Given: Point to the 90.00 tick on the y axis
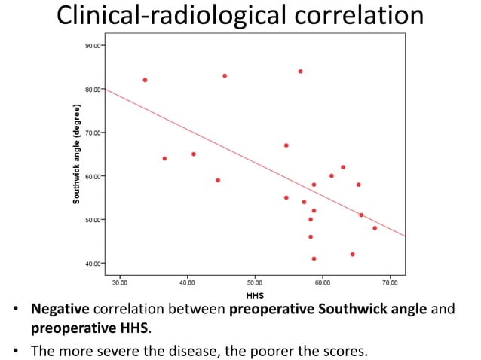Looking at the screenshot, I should click(x=93, y=46).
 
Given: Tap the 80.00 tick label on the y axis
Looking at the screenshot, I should click(x=93, y=90).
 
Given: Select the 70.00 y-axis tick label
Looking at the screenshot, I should click(x=93, y=133).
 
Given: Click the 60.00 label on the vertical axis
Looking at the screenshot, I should click(x=93, y=176).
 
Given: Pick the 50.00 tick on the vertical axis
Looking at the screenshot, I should click(x=93, y=220).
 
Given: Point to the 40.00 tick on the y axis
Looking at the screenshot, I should click(x=93, y=264).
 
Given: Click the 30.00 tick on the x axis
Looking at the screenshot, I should click(x=119, y=282).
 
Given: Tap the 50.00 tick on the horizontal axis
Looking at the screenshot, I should click(x=255, y=282).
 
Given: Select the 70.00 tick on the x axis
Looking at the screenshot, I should click(x=390, y=282).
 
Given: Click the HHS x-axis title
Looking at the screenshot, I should click(x=255, y=296).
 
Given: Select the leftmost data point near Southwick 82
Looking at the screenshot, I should click(x=145, y=80).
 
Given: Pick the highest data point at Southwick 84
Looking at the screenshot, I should click(x=300, y=72).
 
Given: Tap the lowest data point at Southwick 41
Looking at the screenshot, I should click(x=314, y=258).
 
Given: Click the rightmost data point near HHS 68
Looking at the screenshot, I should click(x=375, y=228).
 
